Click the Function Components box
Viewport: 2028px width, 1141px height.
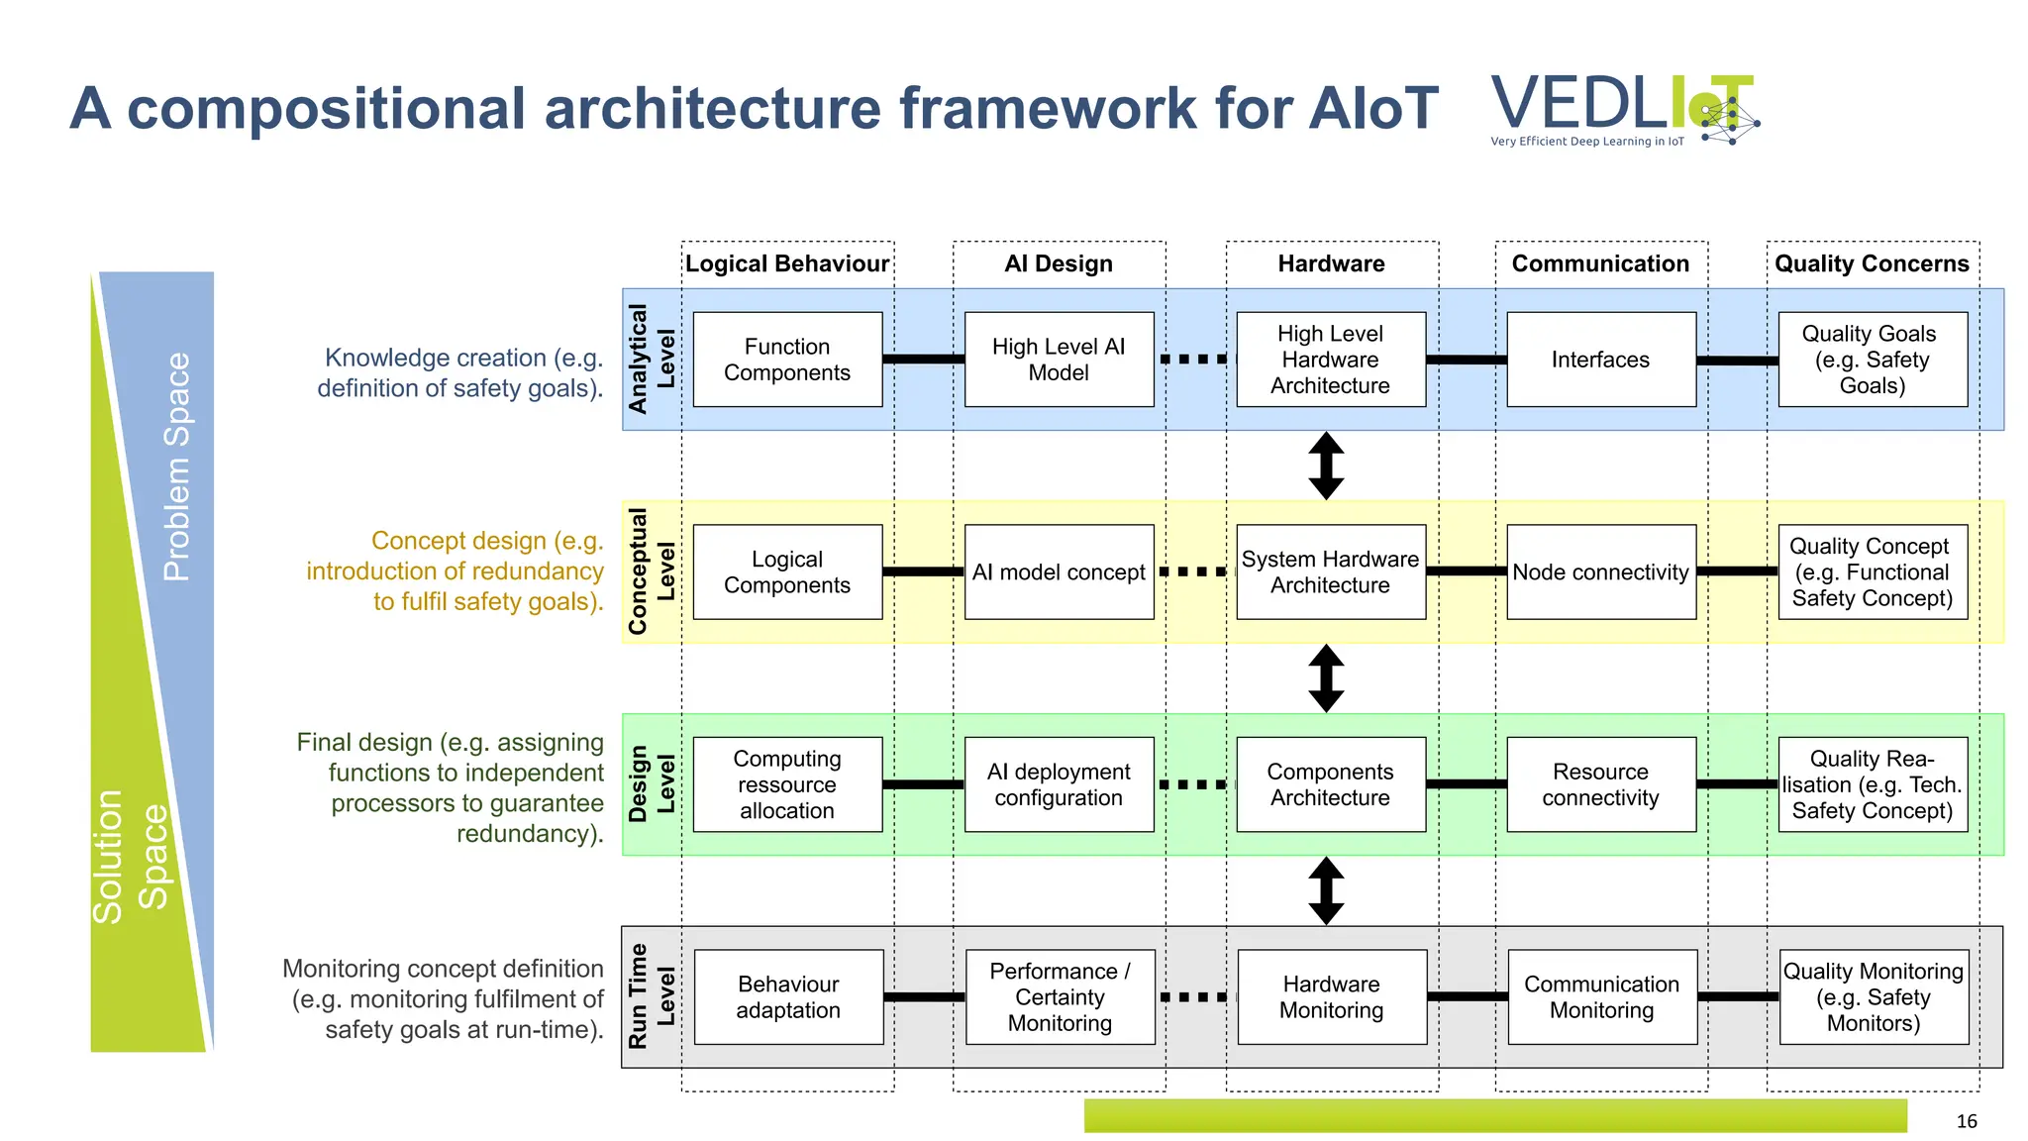(787, 360)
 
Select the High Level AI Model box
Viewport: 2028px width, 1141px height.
(1059, 360)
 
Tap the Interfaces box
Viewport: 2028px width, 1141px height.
(1600, 360)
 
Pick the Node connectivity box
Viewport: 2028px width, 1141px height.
(1600, 572)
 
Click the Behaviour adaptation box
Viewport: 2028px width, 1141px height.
(788, 996)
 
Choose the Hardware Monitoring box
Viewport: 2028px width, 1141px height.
(1331, 996)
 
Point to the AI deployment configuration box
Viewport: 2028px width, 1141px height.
(1059, 784)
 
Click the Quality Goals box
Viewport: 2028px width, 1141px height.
(1872, 360)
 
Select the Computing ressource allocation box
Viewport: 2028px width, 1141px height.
(787, 784)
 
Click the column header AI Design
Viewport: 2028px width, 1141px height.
(1059, 263)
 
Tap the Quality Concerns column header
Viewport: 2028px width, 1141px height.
(1872, 263)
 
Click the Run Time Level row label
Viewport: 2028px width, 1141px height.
(651, 996)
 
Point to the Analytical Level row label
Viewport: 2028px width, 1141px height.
(651, 360)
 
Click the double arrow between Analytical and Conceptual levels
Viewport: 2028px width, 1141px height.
(1326, 466)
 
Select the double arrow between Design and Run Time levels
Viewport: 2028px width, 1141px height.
(1326, 890)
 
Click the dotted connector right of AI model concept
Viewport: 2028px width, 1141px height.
(1194, 571)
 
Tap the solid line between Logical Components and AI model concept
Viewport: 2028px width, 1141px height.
(923, 571)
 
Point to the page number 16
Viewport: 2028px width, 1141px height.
(1966, 1121)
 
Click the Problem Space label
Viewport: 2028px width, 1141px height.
(176, 466)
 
